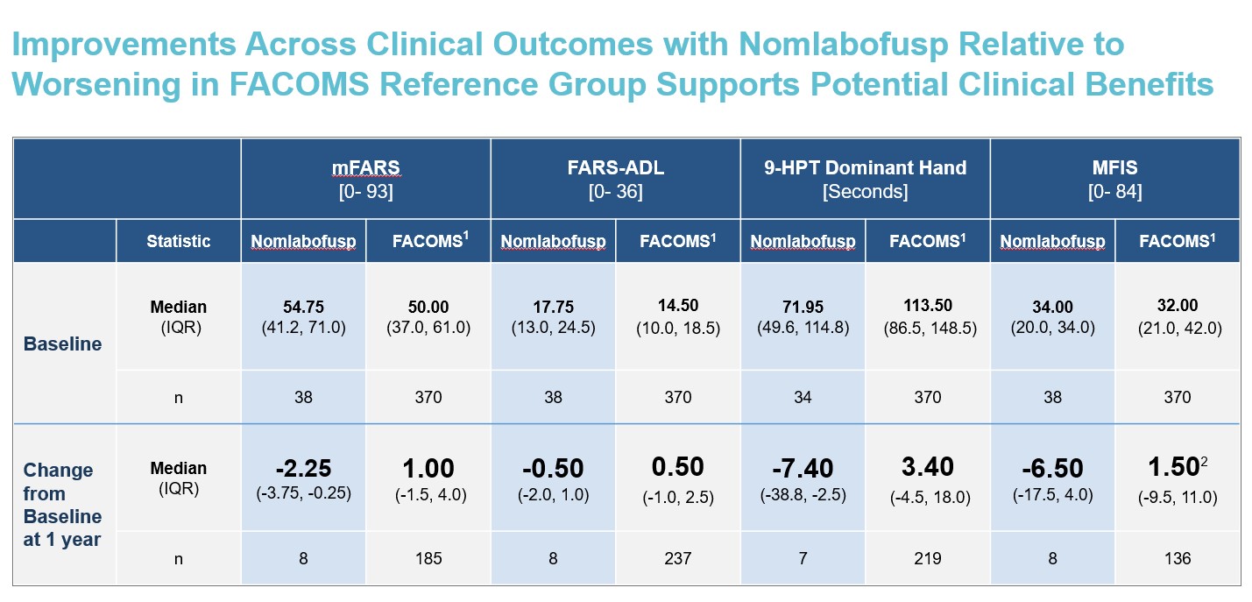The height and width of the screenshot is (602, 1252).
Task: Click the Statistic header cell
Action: pyautogui.click(x=179, y=241)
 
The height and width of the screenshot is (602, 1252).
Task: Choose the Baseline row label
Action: pyautogui.click(x=62, y=343)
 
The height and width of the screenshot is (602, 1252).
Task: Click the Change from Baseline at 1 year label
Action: pyautogui.click(x=62, y=505)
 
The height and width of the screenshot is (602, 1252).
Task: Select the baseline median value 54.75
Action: pyautogui.click(x=303, y=308)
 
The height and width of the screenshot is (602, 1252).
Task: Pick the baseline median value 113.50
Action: pyautogui.click(x=928, y=306)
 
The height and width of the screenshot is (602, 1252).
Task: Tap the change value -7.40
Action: pyautogui.click(x=803, y=468)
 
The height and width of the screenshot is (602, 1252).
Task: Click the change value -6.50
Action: pyautogui.click(x=1052, y=468)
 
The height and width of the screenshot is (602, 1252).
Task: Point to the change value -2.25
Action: pyautogui.click(x=303, y=468)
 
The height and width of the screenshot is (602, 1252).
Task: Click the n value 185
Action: pyautogui.click(x=428, y=558)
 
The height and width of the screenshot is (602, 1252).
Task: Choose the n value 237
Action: pyautogui.click(x=677, y=558)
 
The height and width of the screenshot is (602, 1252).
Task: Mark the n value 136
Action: pyautogui.click(x=1178, y=558)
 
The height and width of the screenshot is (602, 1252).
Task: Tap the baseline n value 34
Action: pyautogui.click(x=803, y=397)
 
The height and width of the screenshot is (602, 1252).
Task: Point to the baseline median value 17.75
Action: pyautogui.click(x=553, y=308)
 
